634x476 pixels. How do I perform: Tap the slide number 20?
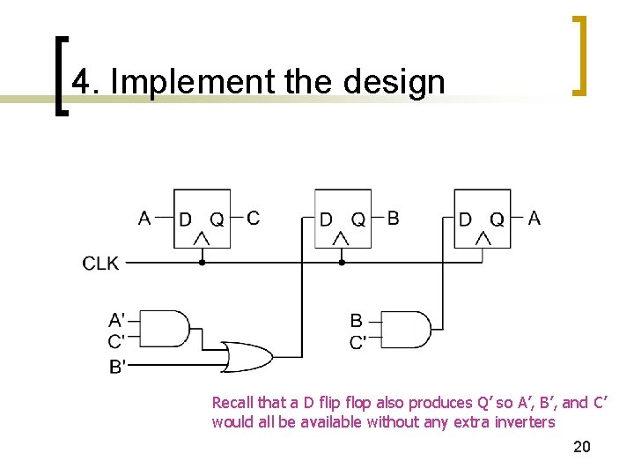click(x=582, y=447)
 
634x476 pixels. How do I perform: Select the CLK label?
click(x=101, y=263)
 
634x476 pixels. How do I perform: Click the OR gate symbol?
click(x=247, y=356)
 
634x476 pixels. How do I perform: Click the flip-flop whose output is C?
click(x=202, y=219)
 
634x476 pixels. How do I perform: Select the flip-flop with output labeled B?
click(x=343, y=219)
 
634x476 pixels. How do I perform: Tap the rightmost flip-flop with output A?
click(x=483, y=219)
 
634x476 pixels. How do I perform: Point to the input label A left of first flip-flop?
click(x=145, y=218)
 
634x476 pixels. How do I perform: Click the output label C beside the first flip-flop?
click(x=254, y=218)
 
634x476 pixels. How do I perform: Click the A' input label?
click(x=116, y=319)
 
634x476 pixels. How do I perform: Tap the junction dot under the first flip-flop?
click(x=202, y=263)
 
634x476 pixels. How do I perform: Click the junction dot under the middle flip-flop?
click(x=342, y=263)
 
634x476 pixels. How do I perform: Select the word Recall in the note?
click(x=232, y=403)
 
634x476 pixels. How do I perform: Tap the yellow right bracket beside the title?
click(x=579, y=55)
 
